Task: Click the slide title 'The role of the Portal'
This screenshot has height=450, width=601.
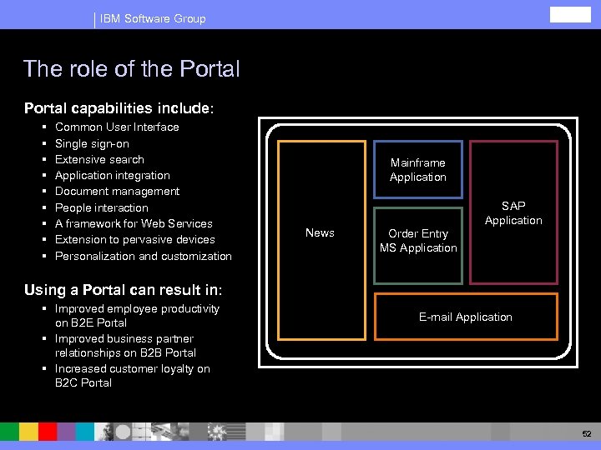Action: coord(132,68)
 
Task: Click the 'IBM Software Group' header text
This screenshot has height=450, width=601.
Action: coord(153,18)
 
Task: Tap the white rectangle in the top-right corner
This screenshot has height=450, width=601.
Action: coord(570,15)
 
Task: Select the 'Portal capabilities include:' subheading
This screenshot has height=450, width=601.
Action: coord(119,108)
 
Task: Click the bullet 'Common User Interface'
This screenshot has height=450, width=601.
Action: coord(117,127)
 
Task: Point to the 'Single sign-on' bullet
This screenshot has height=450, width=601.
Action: coord(92,143)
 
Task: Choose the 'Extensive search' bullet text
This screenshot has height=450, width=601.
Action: coord(99,159)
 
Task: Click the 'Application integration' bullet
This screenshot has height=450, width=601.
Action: coord(112,176)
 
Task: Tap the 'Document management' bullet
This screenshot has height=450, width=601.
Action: coord(117,192)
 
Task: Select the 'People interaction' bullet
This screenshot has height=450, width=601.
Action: coord(101,207)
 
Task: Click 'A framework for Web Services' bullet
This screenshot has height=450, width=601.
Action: coord(134,223)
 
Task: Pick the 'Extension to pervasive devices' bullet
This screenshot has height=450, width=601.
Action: coord(134,240)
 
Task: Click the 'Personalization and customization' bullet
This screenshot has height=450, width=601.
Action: coord(143,256)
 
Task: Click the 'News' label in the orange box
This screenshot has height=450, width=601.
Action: coord(320,232)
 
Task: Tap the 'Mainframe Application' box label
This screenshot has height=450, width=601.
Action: coord(418,170)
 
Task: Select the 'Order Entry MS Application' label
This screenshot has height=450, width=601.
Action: coord(418,241)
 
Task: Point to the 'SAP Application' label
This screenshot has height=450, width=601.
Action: coord(513,213)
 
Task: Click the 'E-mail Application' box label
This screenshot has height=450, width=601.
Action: coord(466,317)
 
